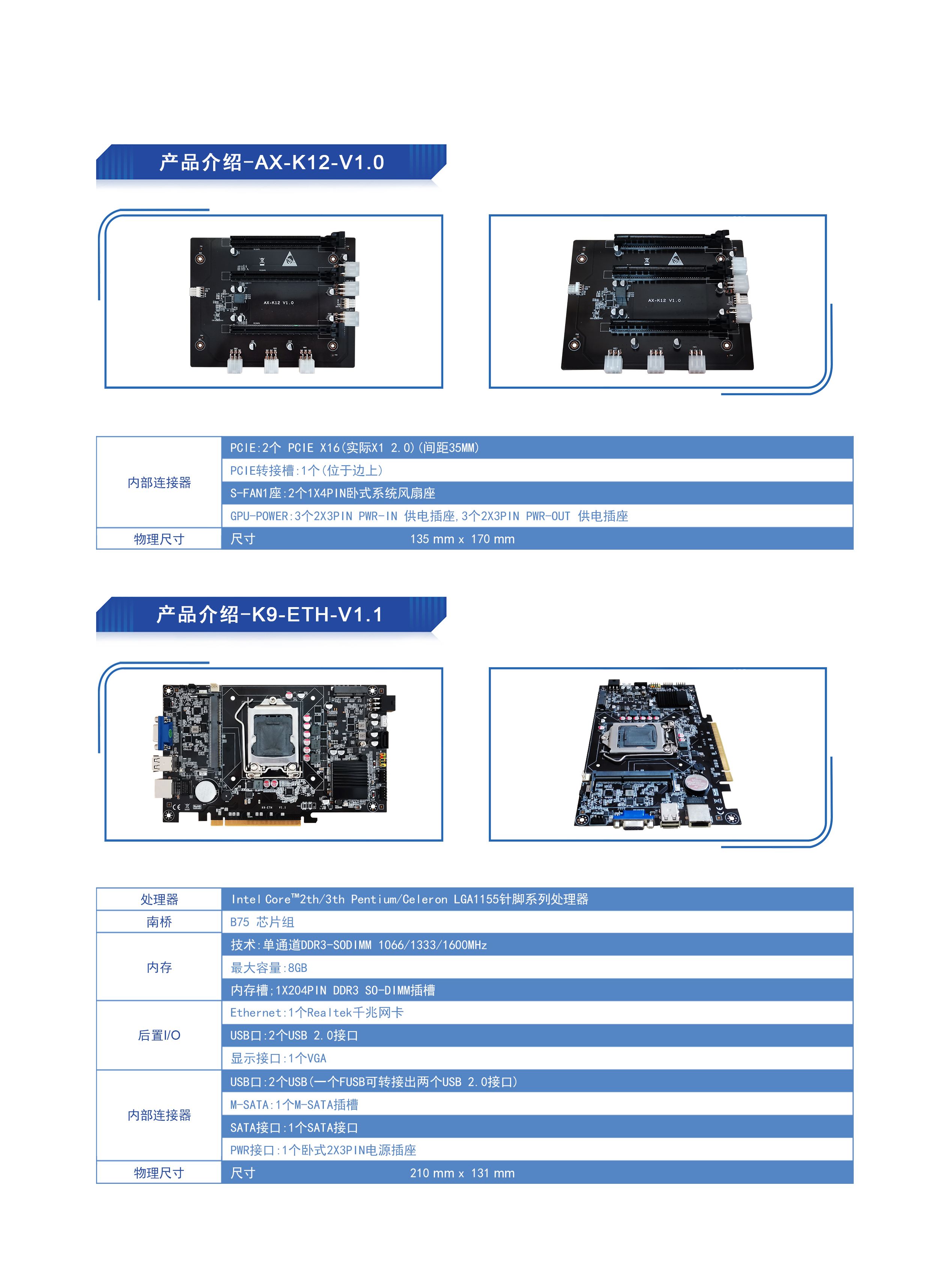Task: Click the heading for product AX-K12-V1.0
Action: point(272,162)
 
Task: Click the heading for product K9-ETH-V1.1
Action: point(270,614)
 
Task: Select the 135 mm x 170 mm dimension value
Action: point(462,539)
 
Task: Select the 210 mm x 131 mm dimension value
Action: point(462,1173)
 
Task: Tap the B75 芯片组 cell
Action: point(262,922)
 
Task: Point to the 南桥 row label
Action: point(159,922)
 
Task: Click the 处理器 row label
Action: point(159,899)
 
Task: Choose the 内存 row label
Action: point(159,967)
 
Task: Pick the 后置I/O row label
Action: point(159,1035)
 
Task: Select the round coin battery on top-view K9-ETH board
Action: point(206,791)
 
